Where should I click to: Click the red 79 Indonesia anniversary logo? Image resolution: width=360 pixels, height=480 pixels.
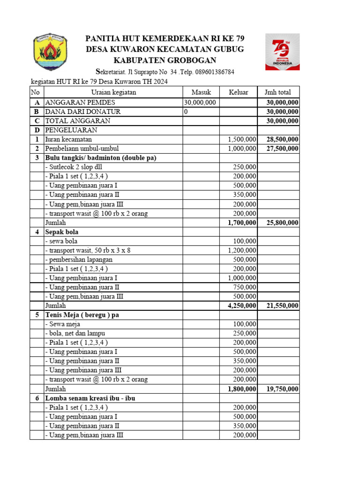[282, 52]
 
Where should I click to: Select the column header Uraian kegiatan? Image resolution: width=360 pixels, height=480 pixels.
[113, 92]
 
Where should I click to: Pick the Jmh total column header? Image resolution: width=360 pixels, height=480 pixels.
[278, 92]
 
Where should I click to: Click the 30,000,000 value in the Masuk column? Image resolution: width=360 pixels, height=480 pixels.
[200, 102]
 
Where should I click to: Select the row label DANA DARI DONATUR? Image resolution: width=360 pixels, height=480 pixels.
[83, 112]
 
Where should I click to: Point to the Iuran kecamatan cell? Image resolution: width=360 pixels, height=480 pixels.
[68, 139]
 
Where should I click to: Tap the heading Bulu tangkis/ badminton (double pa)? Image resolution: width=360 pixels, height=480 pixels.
[100, 158]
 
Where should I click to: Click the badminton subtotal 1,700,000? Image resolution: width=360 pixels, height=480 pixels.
[242, 223]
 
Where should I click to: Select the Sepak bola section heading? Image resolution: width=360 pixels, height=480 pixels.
[62, 232]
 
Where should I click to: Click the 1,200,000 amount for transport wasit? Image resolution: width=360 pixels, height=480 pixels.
[242, 250]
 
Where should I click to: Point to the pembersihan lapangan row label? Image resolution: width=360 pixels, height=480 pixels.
[79, 259]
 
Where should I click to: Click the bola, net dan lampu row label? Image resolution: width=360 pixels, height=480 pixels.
[75, 333]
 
